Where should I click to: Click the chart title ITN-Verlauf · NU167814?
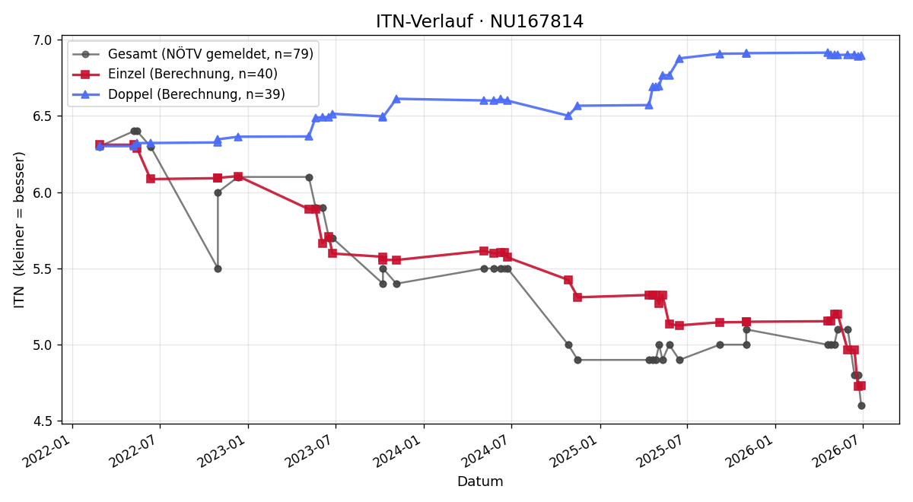pos(479,21)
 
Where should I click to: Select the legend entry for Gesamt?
pos(192,54)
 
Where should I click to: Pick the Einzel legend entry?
pos(175,74)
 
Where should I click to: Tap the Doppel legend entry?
pos(179,94)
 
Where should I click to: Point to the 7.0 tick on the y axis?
pos(43,40)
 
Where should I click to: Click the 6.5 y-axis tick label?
pos(43,116)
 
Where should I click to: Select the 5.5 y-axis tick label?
pos(43,269)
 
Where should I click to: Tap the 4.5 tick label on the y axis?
pos(43,421)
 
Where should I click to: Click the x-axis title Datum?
pos(480,481)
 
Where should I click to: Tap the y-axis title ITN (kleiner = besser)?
pos(19,230)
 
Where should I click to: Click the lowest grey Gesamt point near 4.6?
pos(861,406)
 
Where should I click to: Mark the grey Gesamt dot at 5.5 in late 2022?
pos(218,269)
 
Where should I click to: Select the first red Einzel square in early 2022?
pos(100,145)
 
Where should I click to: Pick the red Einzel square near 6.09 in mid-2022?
pos(151,179)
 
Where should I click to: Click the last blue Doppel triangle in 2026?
pos(861,56)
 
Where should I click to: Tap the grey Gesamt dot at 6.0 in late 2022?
pos(218,192)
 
